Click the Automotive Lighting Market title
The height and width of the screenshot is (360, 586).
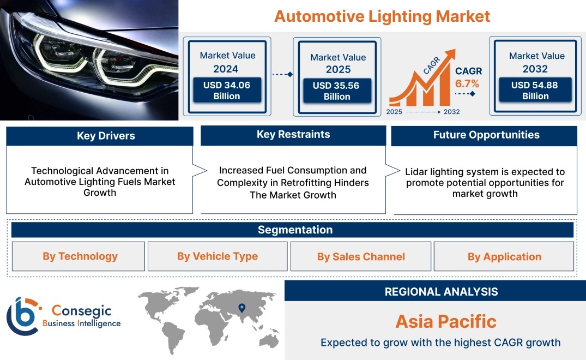pyautogui.click(x=382, y=16)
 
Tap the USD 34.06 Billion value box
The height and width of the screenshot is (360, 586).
pyautogui.click(x=227, y=91)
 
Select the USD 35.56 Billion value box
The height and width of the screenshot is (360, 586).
pyautogui.click(x=337, y=91)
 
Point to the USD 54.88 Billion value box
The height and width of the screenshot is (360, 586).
pyautogui.click(x=535, y=90)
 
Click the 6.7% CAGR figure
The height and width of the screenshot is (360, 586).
pyautogui.click(x=467, y=84)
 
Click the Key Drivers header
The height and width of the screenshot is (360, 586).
pyautogui.click(x=106, y=136)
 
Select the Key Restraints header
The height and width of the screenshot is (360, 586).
pyautogui.click(x=293, y=135)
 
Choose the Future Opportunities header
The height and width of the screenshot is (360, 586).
pyautogui.click(x=486, y=135)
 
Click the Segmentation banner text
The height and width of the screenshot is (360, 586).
pyautogui.click(x=295, y=230)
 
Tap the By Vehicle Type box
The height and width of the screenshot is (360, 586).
pyautogui.click(x=218, y=256)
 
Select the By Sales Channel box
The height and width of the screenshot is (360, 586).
pyautogui.click(x=361, y=256)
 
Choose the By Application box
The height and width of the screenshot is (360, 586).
pyautogui.click(x=504, y=256)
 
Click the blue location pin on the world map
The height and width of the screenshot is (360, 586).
pyautogui.click(x=242, y=308)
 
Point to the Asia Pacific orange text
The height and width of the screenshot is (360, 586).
pyautogui.click(x=446, y=321)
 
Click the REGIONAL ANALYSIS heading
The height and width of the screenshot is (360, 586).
pyautogui.click(x=442, y=292)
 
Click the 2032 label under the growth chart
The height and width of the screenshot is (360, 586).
pyautogui.click(x=451, y=112)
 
